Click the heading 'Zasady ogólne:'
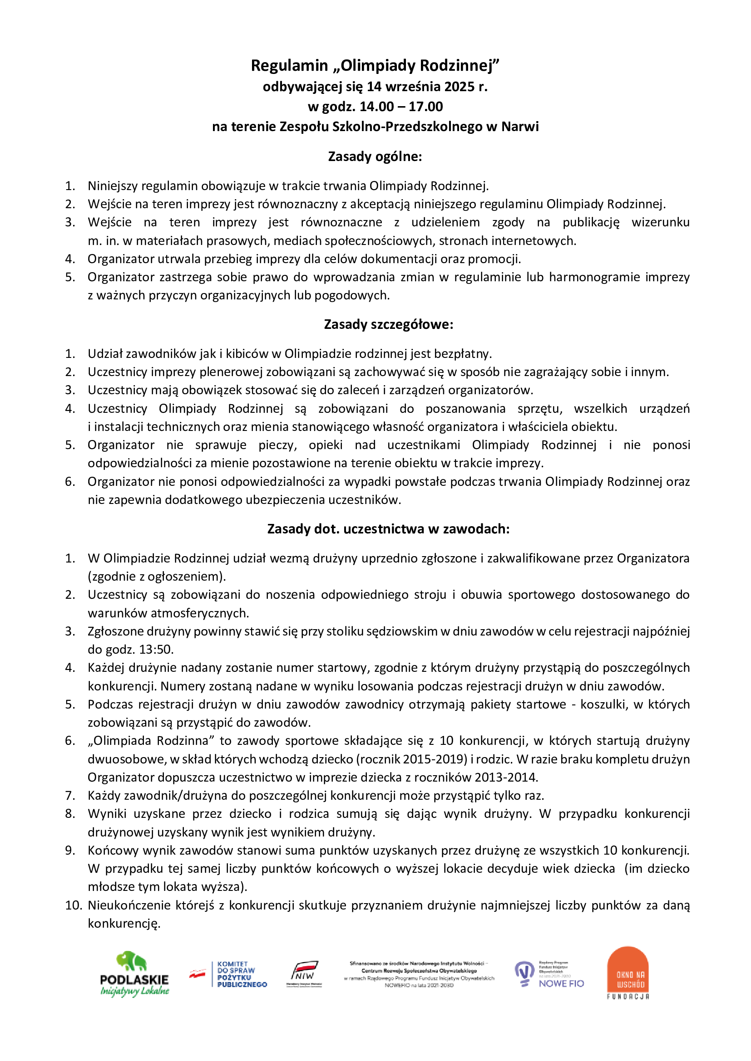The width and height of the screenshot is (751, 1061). [x=375, y=156]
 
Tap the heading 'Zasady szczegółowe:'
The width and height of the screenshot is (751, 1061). [x=389, y=324]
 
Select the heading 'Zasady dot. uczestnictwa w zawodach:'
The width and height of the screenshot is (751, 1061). [x=389, y=529]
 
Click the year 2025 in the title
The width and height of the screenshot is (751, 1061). [x=459, y=87]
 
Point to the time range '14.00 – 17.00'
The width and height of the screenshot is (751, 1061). [x=401, y=107]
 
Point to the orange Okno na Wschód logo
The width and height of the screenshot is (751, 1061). [x=627, y=973]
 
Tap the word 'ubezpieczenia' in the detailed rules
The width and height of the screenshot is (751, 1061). [x=285, y=500]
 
